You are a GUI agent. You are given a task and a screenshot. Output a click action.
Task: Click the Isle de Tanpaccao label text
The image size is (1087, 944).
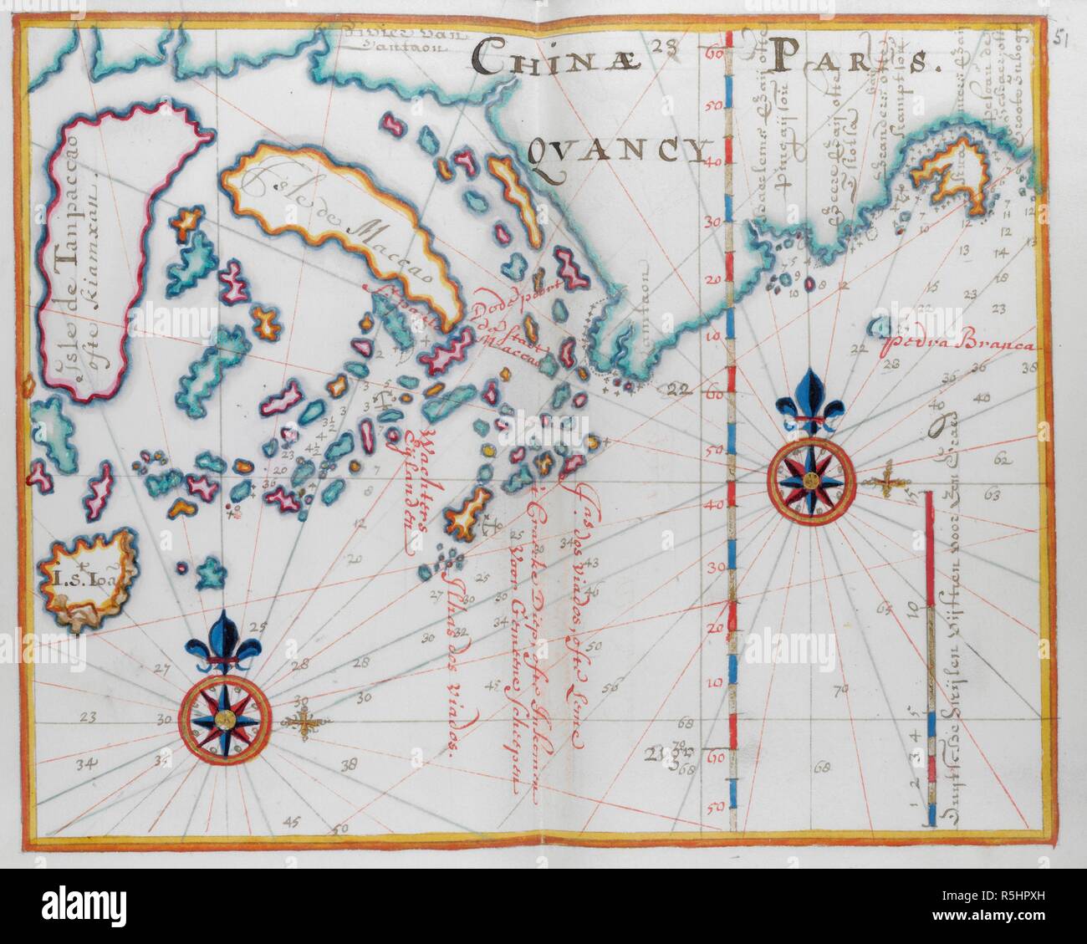pyautogui.click(x=79, y=276)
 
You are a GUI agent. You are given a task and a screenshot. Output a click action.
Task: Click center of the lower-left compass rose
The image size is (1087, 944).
pyautogui.click(x=225, y=718)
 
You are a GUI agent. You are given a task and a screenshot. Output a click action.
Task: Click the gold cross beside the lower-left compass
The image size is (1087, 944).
pyautogui.click(x=307, y=723)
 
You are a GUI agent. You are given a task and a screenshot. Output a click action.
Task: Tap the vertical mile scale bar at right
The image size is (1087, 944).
pyautogui.click(x=930, y=661)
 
